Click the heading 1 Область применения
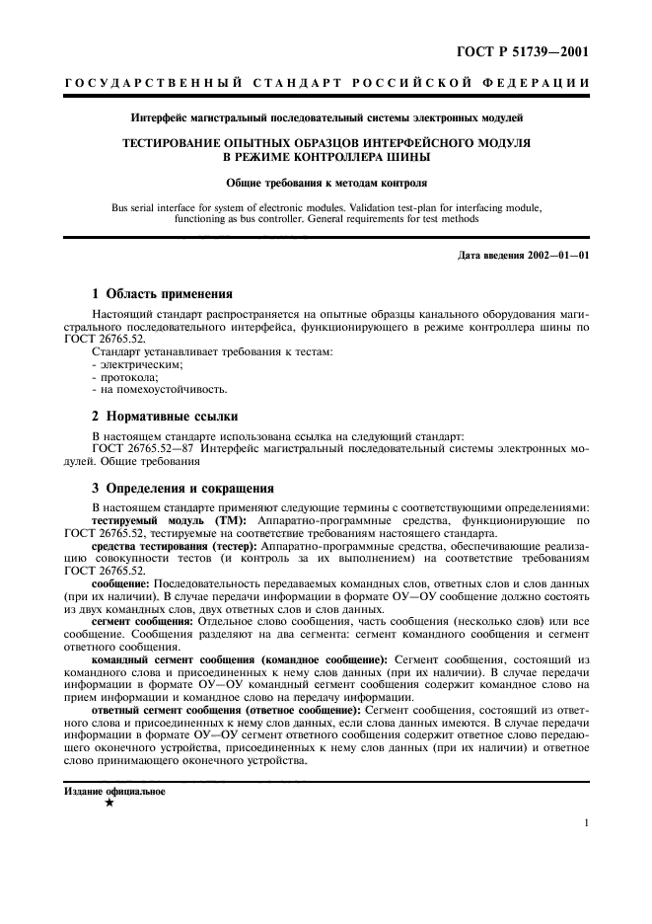click(162, 293)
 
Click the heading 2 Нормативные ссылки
click(164, 417)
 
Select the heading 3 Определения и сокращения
click(182, 488)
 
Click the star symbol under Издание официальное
click(109, 805)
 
